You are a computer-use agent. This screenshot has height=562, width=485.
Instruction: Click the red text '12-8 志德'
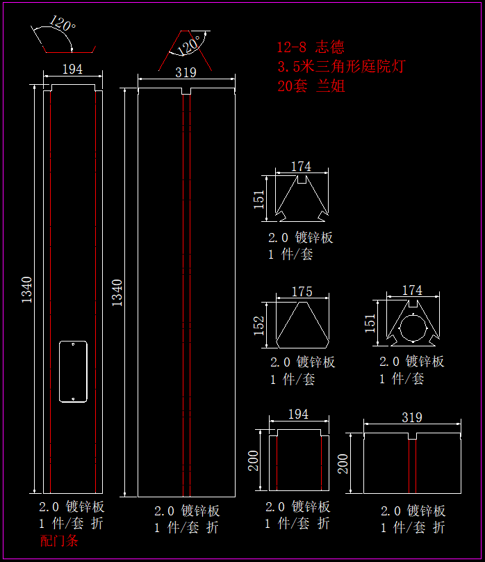(311, 47)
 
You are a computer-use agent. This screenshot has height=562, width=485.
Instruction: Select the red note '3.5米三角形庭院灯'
(340, 67)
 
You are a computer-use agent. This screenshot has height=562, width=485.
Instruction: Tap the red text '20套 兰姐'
(311, 86)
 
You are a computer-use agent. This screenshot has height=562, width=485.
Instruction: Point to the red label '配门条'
(59, 541)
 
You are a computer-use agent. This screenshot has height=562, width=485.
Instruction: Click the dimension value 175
(302, 292)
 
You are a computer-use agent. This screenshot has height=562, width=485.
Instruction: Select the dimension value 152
(259, 325)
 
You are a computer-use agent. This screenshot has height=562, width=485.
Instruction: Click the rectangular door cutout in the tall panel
(73, 371)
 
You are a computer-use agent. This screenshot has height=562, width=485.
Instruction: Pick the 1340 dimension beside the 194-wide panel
(27, 289)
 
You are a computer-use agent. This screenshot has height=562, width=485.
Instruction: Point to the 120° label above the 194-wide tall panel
(63, 26)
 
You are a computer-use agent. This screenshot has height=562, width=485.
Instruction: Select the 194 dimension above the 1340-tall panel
(72, 69)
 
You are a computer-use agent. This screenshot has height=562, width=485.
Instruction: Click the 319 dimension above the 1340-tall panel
(186, 72)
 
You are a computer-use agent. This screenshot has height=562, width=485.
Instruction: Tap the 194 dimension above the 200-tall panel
(297, 415)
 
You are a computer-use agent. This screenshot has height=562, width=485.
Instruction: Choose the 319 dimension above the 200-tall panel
(412, 417)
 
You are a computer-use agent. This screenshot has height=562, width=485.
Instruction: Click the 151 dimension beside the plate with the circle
(370, 323)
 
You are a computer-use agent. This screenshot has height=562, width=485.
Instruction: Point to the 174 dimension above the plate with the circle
(412, 291)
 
